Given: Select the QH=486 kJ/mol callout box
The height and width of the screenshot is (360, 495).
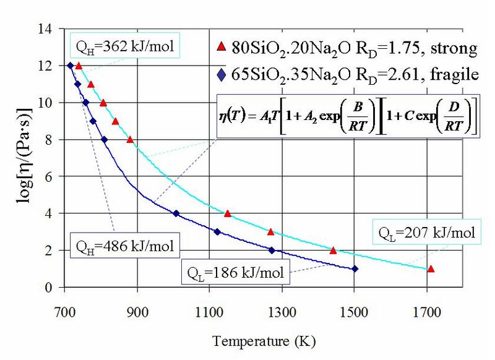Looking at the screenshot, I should pos(123,246).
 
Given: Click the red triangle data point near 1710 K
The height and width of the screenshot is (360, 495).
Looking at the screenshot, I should pos(431,268).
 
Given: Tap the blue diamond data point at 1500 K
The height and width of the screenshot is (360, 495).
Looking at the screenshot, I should pos(355,268).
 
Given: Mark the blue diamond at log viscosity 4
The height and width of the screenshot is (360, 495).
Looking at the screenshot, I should pos(176,213).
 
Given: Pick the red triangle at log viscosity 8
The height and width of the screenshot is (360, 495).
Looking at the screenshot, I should pos(130,139).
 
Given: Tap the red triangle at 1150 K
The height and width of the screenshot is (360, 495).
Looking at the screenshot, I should pos(227,213).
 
